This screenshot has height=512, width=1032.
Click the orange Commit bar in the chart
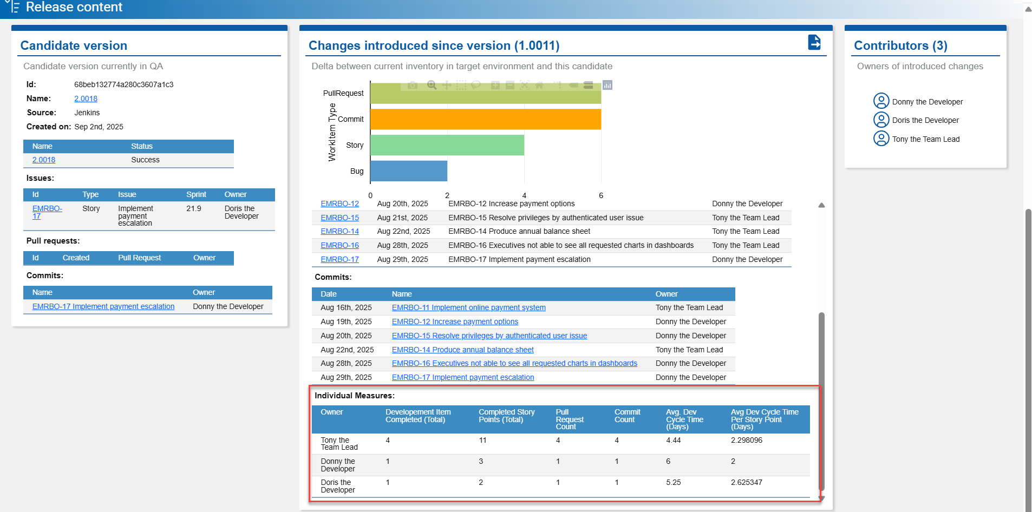tap(485, 119)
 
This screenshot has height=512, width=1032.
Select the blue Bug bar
tap(408, 171)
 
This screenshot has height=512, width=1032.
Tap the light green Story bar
tap(447, 145)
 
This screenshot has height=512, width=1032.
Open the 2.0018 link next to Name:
tap(86, 99)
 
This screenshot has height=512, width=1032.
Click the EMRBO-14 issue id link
tap(339, 231)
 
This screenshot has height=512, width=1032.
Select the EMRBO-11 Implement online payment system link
tap(468, 307)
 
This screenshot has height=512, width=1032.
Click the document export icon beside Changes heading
tap(814, 42)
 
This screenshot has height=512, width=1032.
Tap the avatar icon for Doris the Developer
tap(881, 120)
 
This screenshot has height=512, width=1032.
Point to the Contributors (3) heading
tap(900, 45)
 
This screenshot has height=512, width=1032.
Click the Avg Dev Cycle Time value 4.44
tap(673, 440)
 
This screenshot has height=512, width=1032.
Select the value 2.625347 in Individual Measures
tap(746, 482)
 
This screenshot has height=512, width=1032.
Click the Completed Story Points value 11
tap(482, 440)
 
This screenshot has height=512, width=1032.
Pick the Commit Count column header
tap(627, 416)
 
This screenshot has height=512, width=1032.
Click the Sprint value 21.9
tap(193, 208)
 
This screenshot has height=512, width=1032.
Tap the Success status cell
tap(145, 160)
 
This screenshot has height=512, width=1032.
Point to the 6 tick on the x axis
tap(601, 195)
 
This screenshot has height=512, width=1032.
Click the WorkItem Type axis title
tap(332, 132)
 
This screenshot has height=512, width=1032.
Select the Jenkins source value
tap(87, 113)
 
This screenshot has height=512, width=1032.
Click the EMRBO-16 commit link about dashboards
tap(514, 363)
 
